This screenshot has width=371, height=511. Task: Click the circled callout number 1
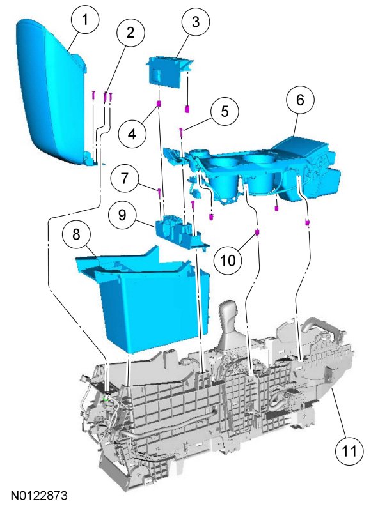point(85,20)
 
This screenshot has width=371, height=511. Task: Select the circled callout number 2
point(130,33)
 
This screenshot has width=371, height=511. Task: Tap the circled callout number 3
point(196,22)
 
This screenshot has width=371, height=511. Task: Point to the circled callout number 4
point(132,133)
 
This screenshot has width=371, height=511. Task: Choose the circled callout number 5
point(225,111)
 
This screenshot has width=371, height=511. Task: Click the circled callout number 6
point(300,100)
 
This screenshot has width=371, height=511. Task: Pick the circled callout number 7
point(124,179)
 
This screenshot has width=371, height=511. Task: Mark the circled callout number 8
point(76,234)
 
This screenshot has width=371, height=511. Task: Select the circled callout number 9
point(122,215)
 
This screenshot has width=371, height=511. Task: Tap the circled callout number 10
point(228,261)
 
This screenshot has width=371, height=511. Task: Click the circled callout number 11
point(349,452)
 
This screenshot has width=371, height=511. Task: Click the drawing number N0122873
point(39,496)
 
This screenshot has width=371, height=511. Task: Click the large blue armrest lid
point(52,91)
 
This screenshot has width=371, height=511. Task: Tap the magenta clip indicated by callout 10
point(257,232)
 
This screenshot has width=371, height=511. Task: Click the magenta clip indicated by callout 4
point(159,104)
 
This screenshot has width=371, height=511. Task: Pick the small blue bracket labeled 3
point(169,72)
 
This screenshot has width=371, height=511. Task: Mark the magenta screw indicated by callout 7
point(159,192)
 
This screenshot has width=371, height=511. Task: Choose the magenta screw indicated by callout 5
point(180,132)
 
